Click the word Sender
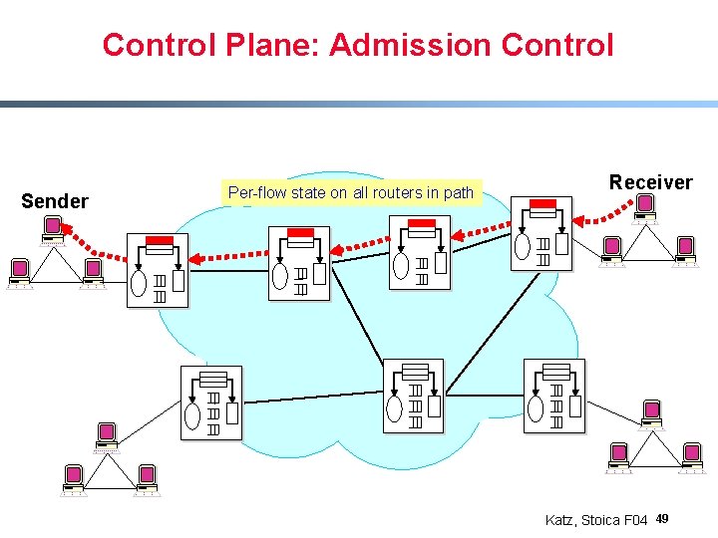[x=55, y=201]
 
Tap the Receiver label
[x=650, y=182]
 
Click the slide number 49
[x=662, y=519]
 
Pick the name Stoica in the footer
[x=599, y=520]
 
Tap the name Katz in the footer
[x=561, y=520]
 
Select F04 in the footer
[x=636, y=520]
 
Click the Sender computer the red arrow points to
[x=52, y=230]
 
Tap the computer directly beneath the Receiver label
[x=645, y=206]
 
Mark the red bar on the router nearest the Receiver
[x=542, y=204]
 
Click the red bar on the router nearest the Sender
[x=160, y=240]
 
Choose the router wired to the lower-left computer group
[x=210, y=403]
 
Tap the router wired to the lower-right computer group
[x=554, y=396]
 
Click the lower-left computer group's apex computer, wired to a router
[x=107, y=433]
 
